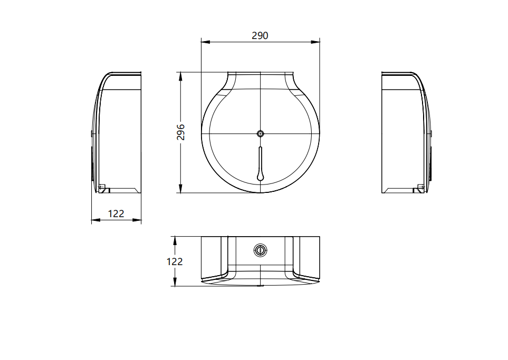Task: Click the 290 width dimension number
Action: [x=260, y=35]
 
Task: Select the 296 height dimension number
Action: [x=180, y=132]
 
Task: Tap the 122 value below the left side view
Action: [x=116, y=213]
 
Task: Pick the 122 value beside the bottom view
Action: [x=175, y=261]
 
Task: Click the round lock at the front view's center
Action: [x=260, y=133]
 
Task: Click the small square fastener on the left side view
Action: [x=102, y=186]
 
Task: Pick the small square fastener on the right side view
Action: [x=420, y=186]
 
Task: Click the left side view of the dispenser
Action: [x=117, y=133]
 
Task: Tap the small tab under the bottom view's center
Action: [x=260, y=286]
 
